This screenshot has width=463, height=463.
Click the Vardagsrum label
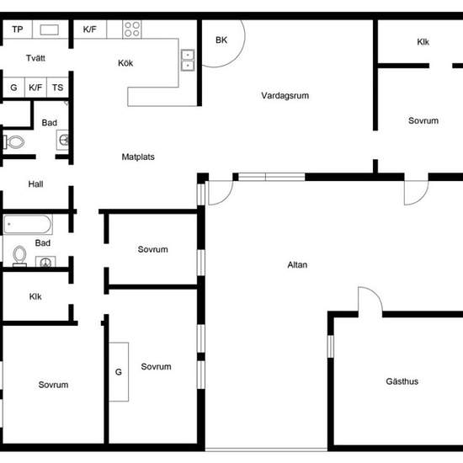point(285,96)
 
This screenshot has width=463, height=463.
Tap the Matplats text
point(138,157)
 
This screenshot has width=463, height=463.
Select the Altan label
point(297,265)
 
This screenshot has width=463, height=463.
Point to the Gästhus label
point(402,381)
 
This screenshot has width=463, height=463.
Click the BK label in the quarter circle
point(221,40)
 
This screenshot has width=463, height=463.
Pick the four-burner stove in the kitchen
point(132,29)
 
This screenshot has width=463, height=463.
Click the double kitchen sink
point(188,61)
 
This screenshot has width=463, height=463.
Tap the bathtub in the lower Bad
point(28,224)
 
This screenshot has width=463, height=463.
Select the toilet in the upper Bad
point(14,142)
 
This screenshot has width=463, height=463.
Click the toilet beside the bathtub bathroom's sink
point(20,256)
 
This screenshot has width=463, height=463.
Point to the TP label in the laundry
point(18,29)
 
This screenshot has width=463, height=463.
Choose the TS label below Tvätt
point(57,88)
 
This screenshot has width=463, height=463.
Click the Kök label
point(125,63)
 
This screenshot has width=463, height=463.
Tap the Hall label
point(35,184)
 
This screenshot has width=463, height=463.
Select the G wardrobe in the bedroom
point(119,372)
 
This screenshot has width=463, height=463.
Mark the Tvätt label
point(35,58)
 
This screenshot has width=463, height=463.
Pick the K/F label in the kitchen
point(90,29)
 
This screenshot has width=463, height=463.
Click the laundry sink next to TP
point(50,29)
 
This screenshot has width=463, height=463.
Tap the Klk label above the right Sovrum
point(423,42)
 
